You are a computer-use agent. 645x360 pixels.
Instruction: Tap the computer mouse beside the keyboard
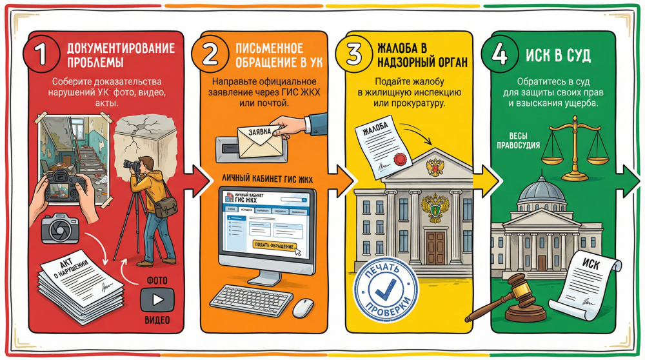(302, 308)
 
